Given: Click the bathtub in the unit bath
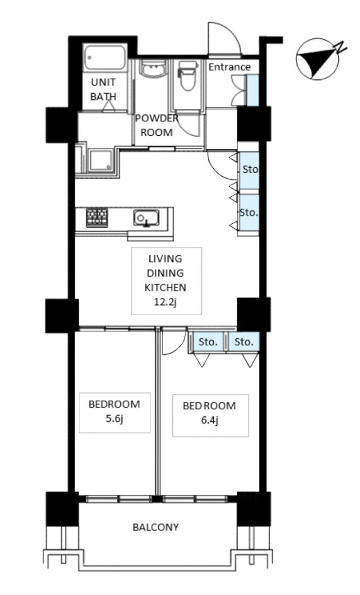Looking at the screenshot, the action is tap(105, 57).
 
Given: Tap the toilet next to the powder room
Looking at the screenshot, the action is tap(188, 75).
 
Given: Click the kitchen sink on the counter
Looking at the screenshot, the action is tap(146, 218).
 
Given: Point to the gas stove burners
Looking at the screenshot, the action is tap(97, 218).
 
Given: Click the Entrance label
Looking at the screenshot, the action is tap(229, 67).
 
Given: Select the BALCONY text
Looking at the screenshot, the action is tap(155, 527).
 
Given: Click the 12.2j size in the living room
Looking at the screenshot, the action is tap(166, 303).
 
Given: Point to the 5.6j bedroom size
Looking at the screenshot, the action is tap(115, 419).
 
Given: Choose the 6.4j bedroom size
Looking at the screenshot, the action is tap(209, 420).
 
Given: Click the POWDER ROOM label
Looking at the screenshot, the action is tap(157, 125).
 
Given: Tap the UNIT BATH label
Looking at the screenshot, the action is tap(103, 89).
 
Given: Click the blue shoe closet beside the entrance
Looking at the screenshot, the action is tap(252, 91).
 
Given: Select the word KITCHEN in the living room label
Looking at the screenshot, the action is tap(166, 287).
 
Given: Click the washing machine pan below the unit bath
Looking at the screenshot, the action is tap(101, 160).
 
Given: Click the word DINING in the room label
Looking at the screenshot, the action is tap(166, 273).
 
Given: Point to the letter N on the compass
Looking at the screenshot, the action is tap(340, 47).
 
